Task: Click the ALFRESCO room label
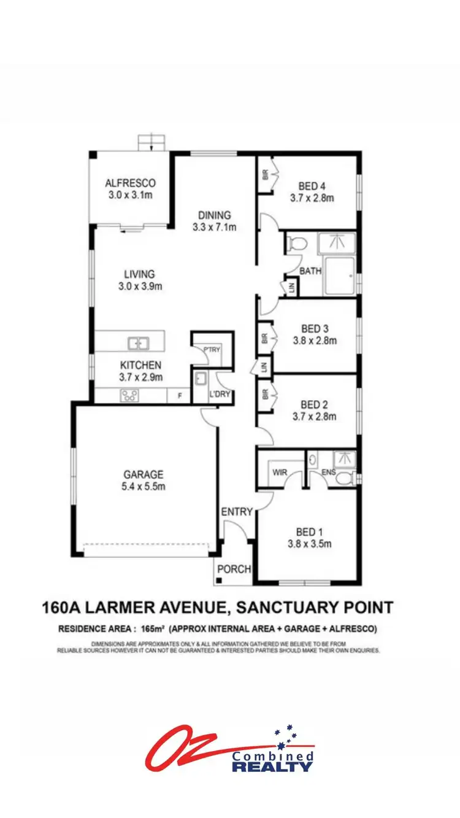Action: (x=130, y=183)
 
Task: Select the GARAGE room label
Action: (x=144, y=474)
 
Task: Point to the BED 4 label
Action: (x=312, y=186)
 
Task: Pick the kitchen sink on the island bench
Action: (x=139, y=342)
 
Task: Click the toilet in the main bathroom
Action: (x=297, y=244)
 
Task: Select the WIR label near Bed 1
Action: (x=279, y=472)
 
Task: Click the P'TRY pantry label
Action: (x=212, y=349)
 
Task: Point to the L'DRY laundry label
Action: (x=220, y=395)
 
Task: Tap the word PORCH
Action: (x=234, y=569)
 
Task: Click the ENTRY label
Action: (x=237, y=512)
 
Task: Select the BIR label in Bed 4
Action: (x=265, y=175)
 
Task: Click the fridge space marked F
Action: (x=180, y=396)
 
